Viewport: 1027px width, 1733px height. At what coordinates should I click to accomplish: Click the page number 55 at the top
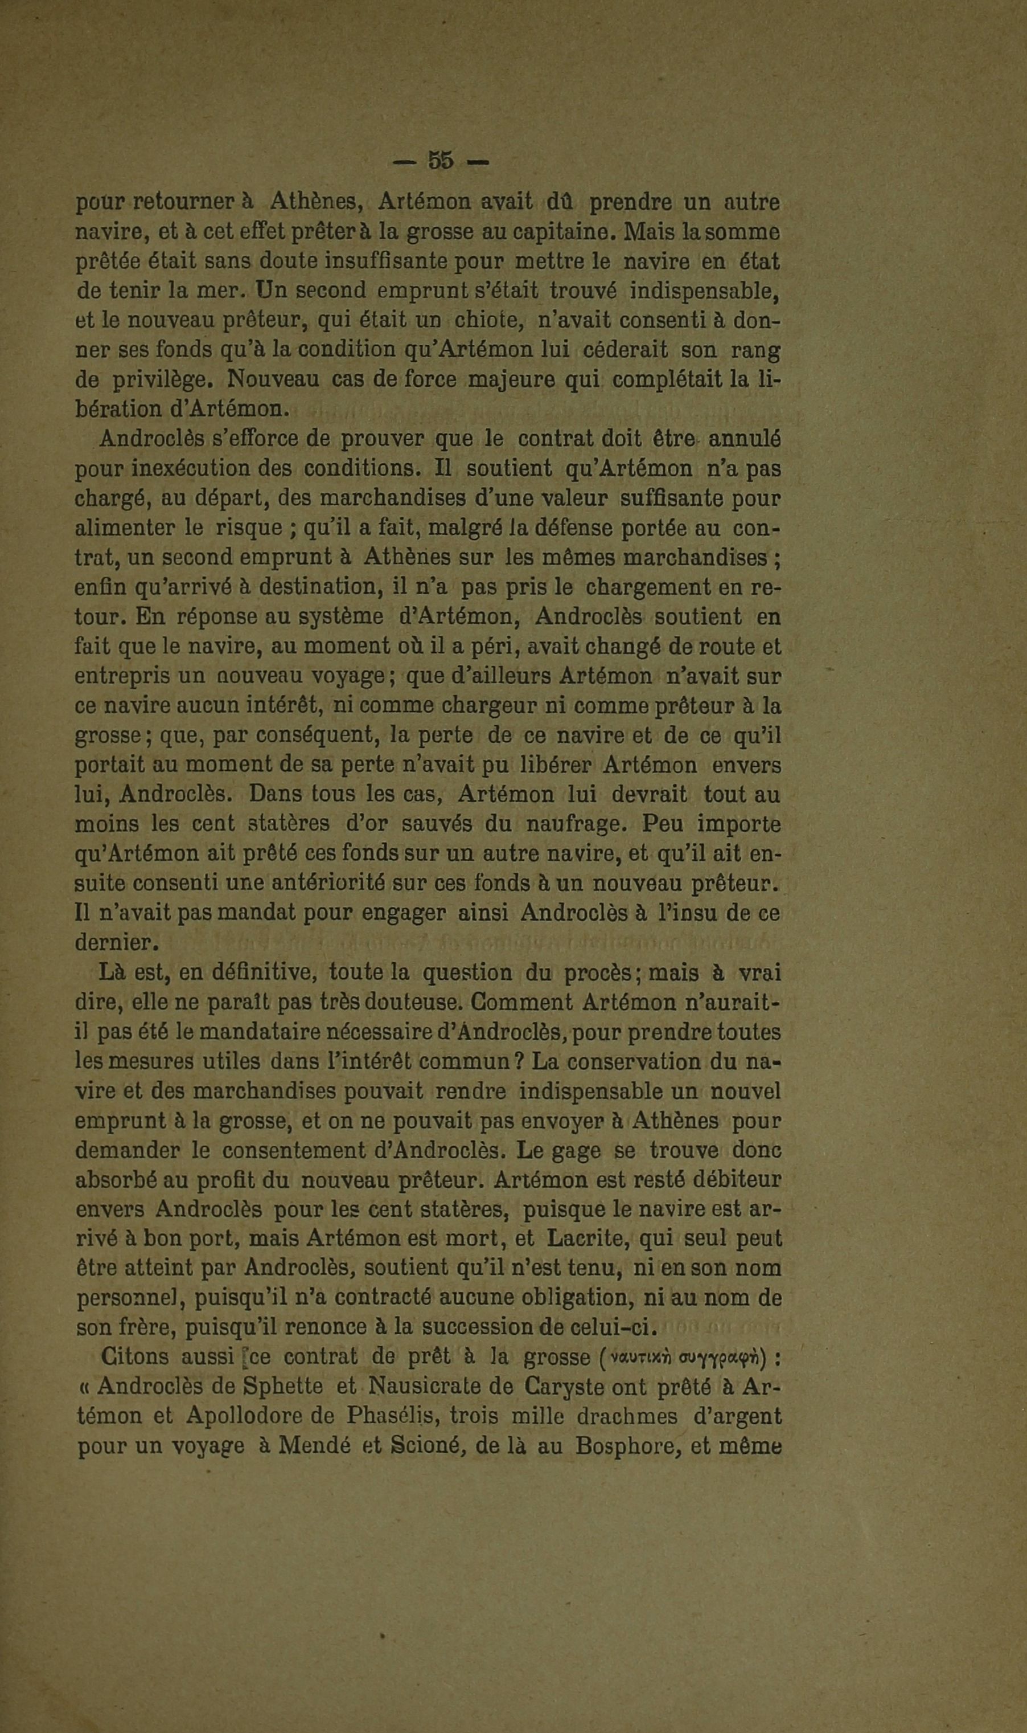coord(441,161)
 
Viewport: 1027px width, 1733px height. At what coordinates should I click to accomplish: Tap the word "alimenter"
coord(125,528)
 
